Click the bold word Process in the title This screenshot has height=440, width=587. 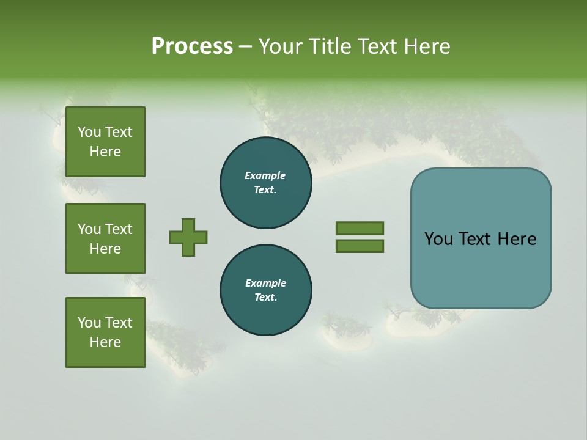click(x=192, y=46)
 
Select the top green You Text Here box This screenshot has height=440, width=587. click(x=105, y=142)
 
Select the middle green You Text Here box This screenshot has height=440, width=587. click(x=105, y=238)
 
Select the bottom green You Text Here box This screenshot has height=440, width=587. click(x=105, y=332)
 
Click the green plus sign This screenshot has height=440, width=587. click(x=188, y=237)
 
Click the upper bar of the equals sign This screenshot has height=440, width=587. click(x=360, y=228)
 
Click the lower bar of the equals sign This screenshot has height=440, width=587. click(x=360, y=246)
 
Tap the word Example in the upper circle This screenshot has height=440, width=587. click(x=265, y=175)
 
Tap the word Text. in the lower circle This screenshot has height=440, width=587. click(x=265, y=297)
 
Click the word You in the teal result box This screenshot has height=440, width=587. click(x=438, y=239)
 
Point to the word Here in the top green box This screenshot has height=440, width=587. click(x=105, y=152)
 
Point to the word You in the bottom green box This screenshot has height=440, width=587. click(x=89, y=323)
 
